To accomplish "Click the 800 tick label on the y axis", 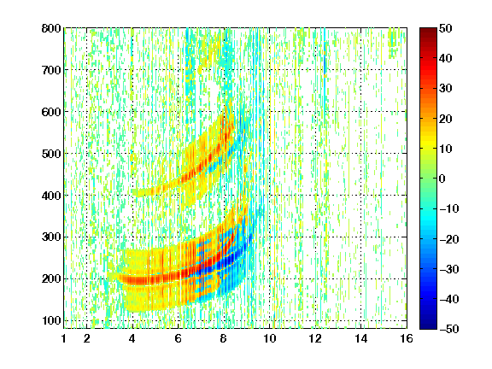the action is point(51,28).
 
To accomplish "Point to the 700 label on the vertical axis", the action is point(51,70).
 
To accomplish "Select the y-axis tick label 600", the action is point(51,112).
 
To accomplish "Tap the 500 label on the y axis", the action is point(51,154).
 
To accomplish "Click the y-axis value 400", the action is point(51,196).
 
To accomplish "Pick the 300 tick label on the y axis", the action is point(51,237).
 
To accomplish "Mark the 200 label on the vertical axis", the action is point(51,279).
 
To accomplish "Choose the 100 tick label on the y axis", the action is point(51,320).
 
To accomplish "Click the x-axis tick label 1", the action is point(64,338).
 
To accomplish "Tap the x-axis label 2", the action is point(87,338).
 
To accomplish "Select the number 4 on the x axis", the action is point(132,338).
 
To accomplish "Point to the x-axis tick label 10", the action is point(269,338).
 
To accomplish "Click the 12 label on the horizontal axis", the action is point(315,338).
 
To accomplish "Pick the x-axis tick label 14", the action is point(360,338).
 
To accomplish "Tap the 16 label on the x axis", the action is point(407,338).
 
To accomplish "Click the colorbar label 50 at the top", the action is point(446,28).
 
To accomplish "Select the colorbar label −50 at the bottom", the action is point(449,329).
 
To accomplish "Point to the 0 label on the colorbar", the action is point(442,179).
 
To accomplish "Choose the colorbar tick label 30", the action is point(446,89).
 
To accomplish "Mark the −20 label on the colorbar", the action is point(449,239).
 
